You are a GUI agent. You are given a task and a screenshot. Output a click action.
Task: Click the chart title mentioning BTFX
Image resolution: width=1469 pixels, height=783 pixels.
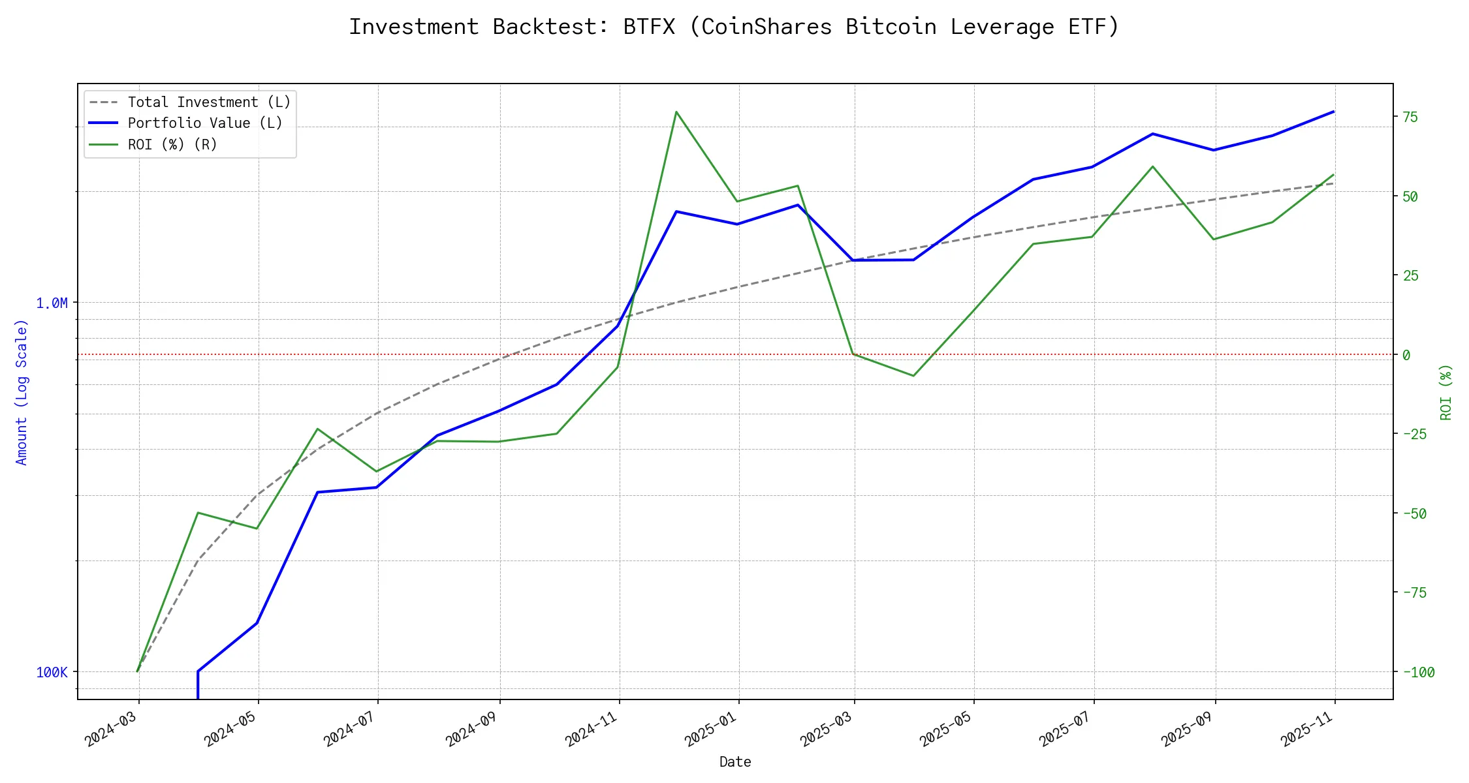[x=734, y=27]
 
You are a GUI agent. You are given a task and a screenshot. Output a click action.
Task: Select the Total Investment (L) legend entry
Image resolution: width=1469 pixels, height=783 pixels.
[x=209, y=102]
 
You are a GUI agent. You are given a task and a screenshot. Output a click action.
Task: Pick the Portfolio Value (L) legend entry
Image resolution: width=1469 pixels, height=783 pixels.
[x=205, y=123]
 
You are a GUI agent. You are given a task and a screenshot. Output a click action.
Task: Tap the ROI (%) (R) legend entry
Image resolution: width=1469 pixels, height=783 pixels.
[x=172, y=144]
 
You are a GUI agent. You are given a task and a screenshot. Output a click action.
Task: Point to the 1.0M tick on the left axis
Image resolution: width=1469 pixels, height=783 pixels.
[x=52, y=303]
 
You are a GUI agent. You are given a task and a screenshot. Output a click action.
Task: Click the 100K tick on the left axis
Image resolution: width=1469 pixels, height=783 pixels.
[x=52, y=673]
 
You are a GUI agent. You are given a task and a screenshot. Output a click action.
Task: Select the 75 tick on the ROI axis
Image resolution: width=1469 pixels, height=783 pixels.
[x=1410, y=117]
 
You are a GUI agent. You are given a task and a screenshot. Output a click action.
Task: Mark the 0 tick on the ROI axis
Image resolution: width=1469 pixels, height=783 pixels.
[x=1406, y=355]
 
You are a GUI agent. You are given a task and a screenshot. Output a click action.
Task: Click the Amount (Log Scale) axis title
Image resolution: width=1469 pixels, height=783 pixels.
[x=22, y=391]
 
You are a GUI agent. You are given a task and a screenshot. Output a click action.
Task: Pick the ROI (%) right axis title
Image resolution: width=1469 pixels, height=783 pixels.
[x=1446, y=391]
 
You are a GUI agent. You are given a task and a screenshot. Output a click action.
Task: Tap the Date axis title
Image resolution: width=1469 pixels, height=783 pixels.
[x=735, y=762]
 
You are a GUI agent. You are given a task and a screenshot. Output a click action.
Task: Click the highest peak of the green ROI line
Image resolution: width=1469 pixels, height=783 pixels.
[x=676, y=112]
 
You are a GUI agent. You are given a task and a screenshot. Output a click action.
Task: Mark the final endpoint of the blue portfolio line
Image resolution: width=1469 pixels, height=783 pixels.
[x=1333, y=112]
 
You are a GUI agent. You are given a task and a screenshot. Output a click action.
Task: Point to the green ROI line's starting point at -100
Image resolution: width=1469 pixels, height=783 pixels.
[x=137, y=671]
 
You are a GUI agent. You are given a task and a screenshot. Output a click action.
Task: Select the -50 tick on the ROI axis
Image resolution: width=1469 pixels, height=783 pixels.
[x=1414, y=514]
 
